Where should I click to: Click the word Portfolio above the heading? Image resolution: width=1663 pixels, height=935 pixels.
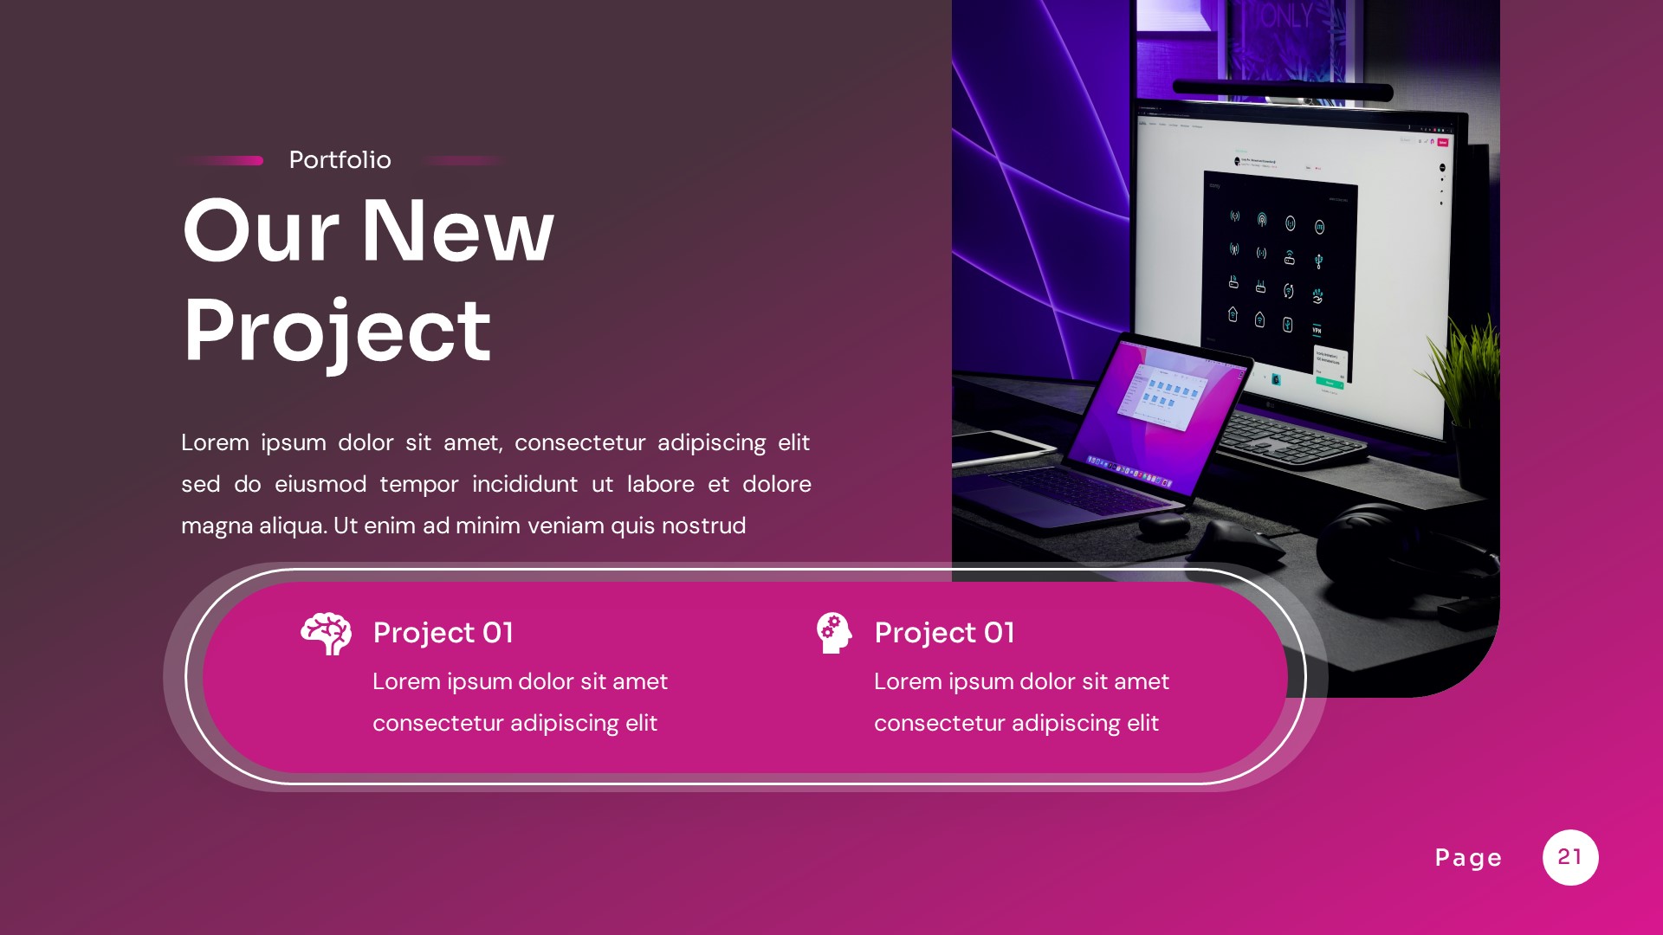click(x=340, y=160)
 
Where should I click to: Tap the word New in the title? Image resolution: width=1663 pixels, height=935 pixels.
click(x=456, y=231)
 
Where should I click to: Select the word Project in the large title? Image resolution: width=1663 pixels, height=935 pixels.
click(x=337, y=331)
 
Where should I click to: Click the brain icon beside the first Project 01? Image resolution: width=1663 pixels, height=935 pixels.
click(x=326, y=634)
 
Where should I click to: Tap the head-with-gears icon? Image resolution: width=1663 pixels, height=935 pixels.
click(x=833, y=633)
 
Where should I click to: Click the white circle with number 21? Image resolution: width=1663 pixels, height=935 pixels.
click(x=1569, y=857)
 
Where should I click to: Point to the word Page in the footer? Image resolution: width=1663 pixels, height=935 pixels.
click(x=1468, y=858)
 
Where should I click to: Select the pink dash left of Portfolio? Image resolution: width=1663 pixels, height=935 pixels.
click(x=223, y=160)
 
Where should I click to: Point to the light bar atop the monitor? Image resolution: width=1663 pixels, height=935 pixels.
click(x=1282, y=89)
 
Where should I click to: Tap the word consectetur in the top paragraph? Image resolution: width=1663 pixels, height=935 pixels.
click(x=579, y=442)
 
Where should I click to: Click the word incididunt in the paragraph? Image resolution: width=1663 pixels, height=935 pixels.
click(x=524, y=484)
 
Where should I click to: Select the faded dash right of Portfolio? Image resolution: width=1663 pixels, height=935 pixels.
click(x=463, y=160)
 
